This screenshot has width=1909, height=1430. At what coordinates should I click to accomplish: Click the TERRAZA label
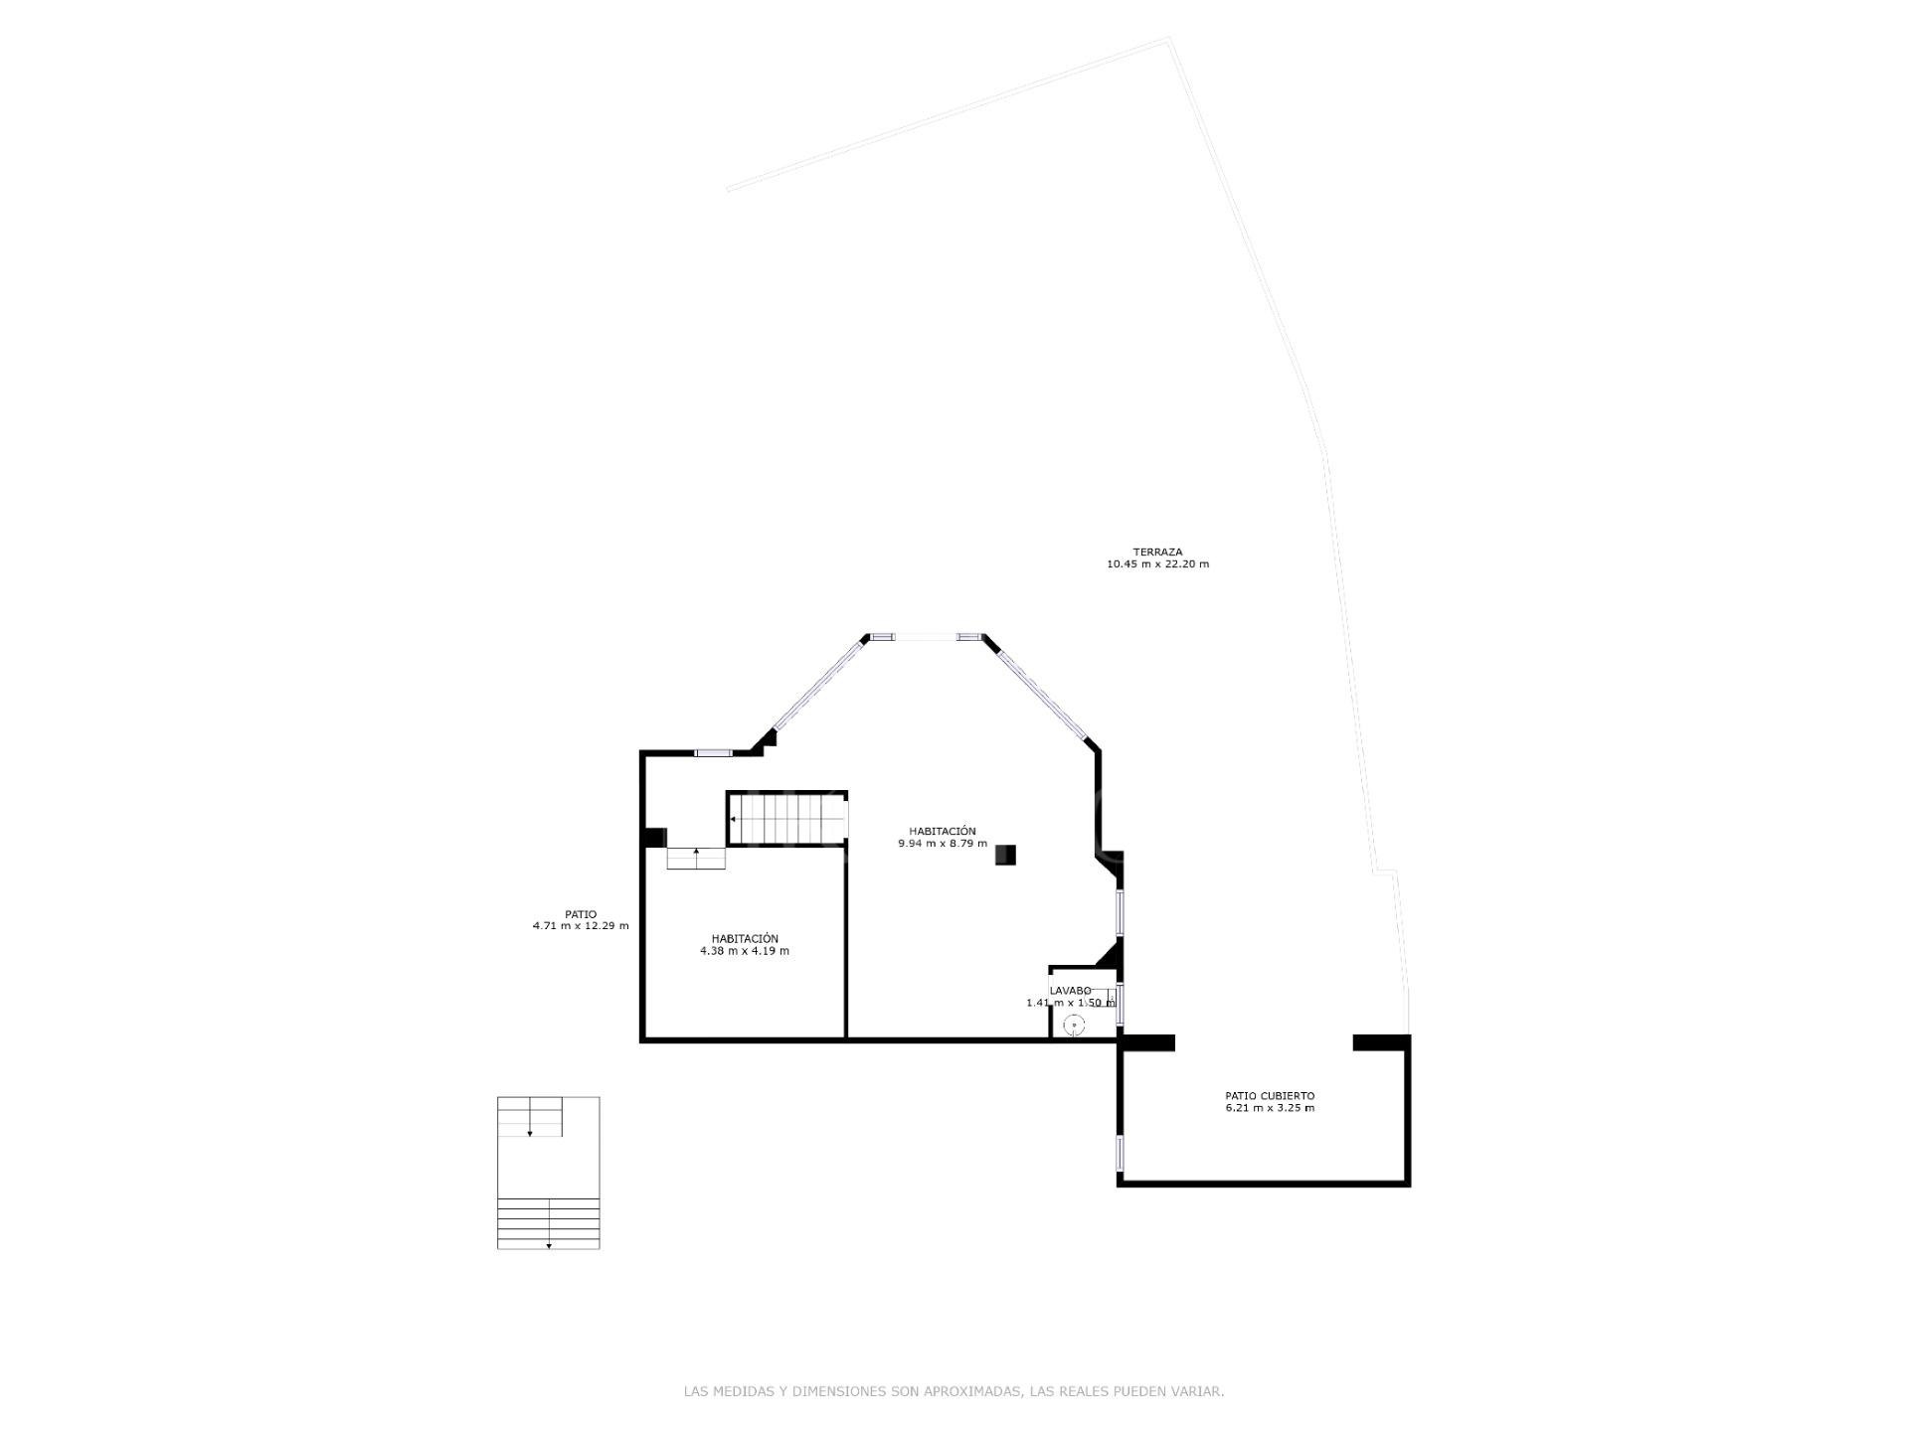tap(1157, 552)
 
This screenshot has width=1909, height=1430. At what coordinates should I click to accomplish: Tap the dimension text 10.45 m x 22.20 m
tap(1157, 564)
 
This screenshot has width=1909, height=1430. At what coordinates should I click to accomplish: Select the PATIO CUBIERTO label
tap(1270, 1096)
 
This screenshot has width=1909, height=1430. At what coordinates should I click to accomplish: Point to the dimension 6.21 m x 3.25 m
tap(1270, 1108)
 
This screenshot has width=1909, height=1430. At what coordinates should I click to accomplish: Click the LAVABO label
tap(1070, 991)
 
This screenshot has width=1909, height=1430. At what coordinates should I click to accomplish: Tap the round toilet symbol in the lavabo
tap(1074, 1025)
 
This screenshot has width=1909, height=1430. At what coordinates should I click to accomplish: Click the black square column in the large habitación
tap(1005, 855)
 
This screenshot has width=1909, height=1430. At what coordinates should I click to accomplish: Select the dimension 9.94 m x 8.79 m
tap(943, 844)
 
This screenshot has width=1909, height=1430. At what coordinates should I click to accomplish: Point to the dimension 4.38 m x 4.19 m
tap(745, 951)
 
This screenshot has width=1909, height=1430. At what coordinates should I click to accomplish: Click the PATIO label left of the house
tap(581, 914)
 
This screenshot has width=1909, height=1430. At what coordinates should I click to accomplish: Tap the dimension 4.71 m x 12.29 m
tap(581, 926)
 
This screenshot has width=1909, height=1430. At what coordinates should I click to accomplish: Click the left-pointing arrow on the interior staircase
tap(734, 819)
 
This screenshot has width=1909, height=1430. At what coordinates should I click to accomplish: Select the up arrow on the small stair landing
tap(696, 852)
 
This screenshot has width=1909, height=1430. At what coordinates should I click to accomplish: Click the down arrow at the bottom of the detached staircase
tap(549, 1245)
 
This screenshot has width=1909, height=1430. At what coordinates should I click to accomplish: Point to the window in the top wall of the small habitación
tap(713, 753)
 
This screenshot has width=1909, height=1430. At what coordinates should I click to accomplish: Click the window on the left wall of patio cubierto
tap(1121, 1153)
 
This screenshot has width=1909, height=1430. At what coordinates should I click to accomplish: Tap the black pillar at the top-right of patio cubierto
tap(1382, 1042)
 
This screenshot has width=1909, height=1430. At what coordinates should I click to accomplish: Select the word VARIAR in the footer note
tap(1200, 1392)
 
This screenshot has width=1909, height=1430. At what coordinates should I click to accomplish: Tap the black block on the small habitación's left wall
tap(653, 838)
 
